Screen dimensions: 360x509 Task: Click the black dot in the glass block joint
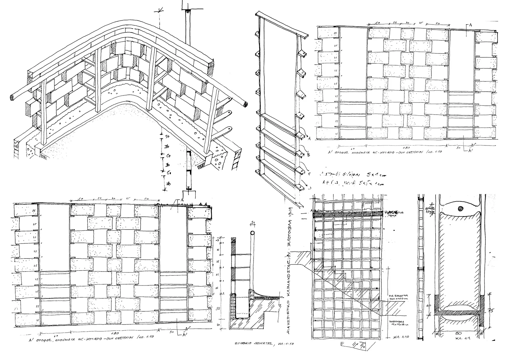(x=460, y=208)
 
